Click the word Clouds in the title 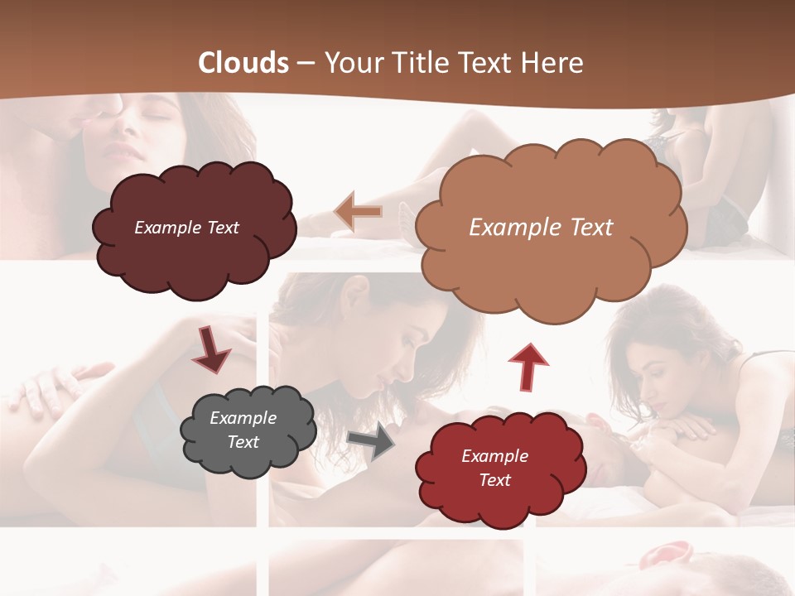[243, 63]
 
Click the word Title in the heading [417, 63]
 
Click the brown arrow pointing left [359, 212]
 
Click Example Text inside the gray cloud [243, 430]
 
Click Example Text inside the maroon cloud [187, 228]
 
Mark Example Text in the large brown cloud [541, 228]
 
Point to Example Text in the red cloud [494, 468]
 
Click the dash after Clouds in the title [305, 63]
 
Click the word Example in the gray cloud [243, 418]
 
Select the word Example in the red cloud [494, 456]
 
